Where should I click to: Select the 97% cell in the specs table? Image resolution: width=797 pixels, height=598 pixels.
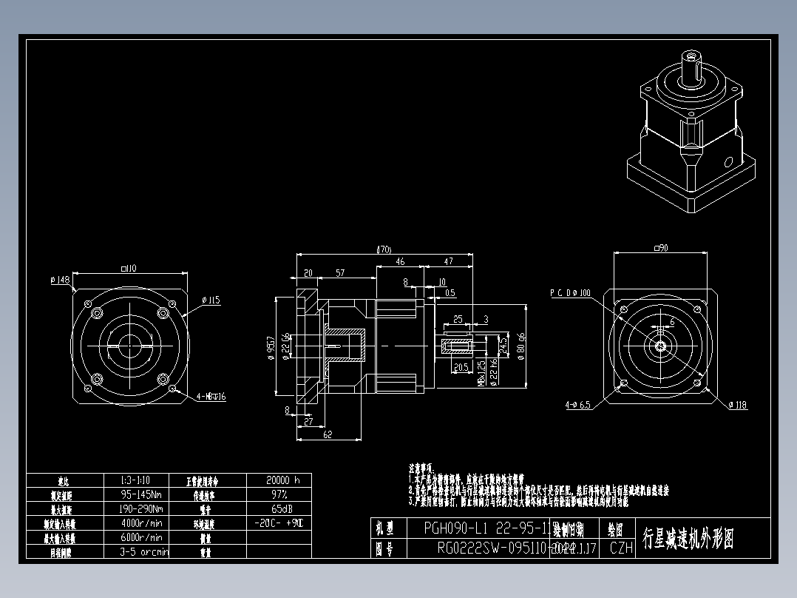[279, 494]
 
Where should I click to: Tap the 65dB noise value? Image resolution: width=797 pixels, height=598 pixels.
[279, 508]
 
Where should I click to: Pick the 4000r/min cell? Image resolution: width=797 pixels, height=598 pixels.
[141, 523]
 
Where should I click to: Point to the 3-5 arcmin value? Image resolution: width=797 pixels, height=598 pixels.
[144, 551]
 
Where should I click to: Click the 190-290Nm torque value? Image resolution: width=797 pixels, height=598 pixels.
[141, 508]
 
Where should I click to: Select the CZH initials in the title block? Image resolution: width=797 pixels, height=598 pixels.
[621, 548]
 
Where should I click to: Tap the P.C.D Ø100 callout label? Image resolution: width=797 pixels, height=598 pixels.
[570, 293]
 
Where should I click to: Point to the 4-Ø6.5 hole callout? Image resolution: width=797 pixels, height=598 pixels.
[577, 405]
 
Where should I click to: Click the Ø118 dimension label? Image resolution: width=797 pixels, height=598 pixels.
[738, 405]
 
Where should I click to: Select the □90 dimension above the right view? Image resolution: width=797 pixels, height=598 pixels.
[660, 249]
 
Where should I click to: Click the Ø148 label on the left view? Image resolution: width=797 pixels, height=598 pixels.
[60, 280]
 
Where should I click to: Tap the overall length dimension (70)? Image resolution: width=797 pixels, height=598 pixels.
[384, 250]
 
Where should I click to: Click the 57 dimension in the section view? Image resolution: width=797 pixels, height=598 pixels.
[340, 273]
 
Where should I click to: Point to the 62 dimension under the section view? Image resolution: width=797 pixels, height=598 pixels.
[328, 435]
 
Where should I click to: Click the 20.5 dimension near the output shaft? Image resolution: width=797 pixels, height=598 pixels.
[462, 368]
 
